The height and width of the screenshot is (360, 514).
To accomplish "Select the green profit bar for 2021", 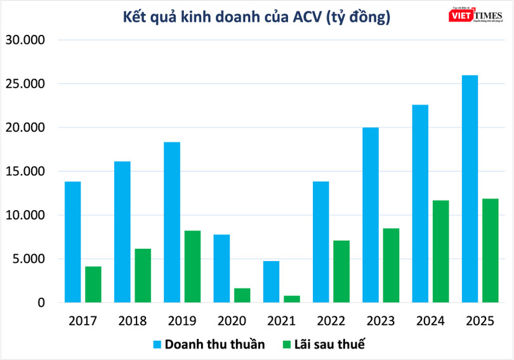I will [x=292, y=299].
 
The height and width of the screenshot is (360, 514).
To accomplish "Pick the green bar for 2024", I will [x=440, y=251].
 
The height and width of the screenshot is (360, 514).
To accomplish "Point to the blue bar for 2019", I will [x=172, y=222].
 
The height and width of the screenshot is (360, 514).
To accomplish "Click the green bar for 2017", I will [x=93, y=284].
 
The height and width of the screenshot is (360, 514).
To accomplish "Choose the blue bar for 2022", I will [x=320, y=242].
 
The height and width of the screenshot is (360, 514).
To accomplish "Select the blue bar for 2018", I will [x=122, y=232].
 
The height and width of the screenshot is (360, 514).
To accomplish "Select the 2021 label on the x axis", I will [x=281, y=321].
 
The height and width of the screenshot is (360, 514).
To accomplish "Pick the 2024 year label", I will [x=430, y=321].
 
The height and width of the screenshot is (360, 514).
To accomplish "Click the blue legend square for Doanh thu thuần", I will [x=157, y=345].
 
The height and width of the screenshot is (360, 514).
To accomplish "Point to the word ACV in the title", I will [x=306, y=18].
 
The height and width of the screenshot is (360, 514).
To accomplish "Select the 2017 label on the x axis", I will [x=82, y=321].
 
